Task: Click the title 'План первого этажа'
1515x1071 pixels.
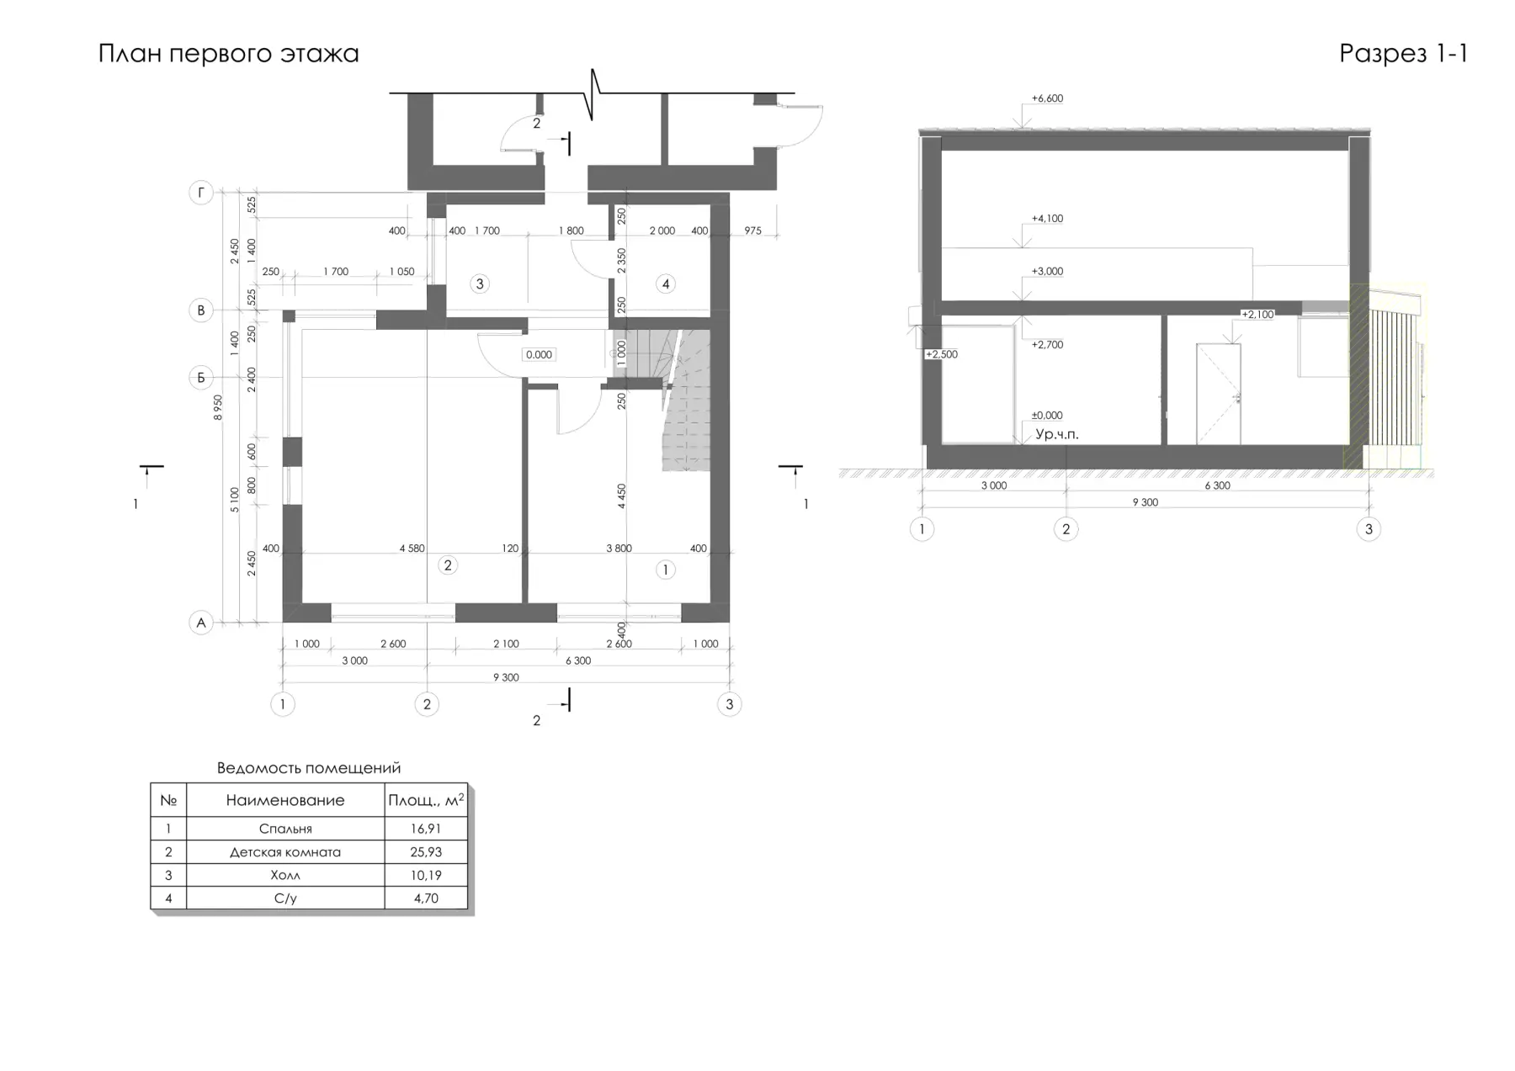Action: (228, 54)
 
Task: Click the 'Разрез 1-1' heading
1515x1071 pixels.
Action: (1403, 54)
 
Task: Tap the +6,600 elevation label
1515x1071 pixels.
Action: (1047, 98)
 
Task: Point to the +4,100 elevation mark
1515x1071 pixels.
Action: (1047, 219)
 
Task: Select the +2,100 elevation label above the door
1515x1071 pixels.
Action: (1257, 315)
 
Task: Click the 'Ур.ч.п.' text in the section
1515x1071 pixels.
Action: (1056, 435)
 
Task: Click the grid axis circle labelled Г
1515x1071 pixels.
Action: (200, 194)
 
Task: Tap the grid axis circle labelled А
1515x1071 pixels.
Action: (200, 623)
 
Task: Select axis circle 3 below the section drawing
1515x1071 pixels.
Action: (1369, 529)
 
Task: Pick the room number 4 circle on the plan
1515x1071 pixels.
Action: (666, 284)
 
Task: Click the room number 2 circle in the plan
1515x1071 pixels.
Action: (448, 565)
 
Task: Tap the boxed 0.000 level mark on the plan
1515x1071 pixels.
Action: (539, 355)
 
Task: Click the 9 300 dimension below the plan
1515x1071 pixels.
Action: (506, 677)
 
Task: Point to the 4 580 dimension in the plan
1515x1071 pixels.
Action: (412, 549)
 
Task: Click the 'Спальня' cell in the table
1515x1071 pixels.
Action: (285, 829)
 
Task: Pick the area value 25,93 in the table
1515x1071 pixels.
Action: (426, 852)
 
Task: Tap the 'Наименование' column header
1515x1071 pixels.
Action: (285, 800)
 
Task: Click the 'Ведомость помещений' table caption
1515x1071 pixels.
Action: (309, 768)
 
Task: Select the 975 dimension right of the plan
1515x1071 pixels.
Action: (752, 231)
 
